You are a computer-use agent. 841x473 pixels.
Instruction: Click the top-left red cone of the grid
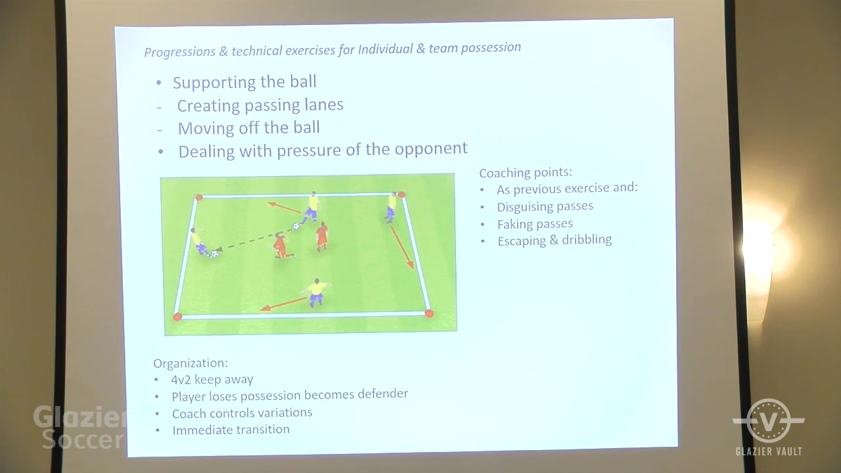[x=199, y=198]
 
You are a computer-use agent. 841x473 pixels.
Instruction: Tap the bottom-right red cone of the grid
[x=429, y=313]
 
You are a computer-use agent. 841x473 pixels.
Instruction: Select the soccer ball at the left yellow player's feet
[x=214, y=254]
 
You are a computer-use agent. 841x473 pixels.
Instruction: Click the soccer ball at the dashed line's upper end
[x=296, y=227]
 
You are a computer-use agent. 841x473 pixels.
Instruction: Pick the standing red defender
[x=322, y=236]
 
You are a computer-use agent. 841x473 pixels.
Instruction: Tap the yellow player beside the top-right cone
[x=391, y=207]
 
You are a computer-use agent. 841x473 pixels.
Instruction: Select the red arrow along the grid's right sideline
[x=401, y=247]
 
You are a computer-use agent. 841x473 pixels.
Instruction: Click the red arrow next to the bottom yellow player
[x=284, y=304]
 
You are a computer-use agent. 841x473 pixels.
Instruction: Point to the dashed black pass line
[x=254, y=239]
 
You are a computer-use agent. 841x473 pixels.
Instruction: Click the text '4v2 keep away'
[x=212, y=380]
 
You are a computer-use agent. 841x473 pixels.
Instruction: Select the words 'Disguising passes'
[x=545, y=206]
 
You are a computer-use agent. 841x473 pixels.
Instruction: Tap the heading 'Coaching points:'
[x=526, y=173]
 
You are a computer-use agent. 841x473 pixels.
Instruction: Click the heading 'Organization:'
[x=191, y=363]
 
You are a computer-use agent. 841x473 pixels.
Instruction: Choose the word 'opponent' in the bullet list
[x=431, y=148]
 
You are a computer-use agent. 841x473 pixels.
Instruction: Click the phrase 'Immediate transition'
[x=231, y=430]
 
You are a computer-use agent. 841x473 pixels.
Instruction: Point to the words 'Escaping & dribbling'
[x=555, y=240]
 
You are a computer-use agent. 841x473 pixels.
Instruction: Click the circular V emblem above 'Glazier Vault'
[x=769, y=420]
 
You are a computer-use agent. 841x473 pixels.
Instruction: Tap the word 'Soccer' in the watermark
[x=83, y=439]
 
